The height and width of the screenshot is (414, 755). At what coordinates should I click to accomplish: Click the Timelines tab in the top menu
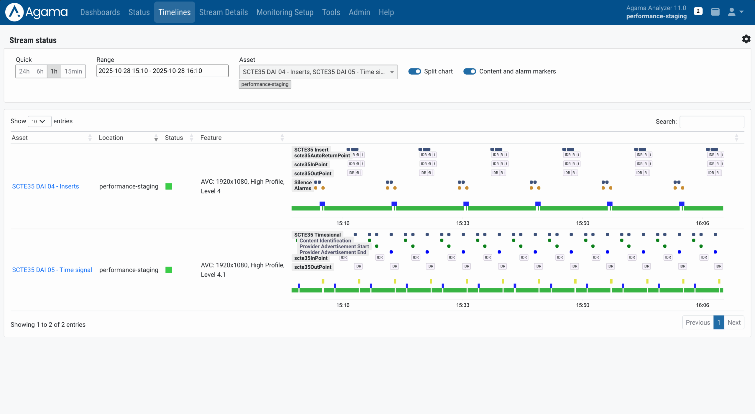174,12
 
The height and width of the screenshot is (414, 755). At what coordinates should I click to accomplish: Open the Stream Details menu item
223,12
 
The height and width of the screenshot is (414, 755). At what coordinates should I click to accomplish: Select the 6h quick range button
40,71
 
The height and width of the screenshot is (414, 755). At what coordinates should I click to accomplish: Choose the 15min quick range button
73,71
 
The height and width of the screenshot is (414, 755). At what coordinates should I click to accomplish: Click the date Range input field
162,71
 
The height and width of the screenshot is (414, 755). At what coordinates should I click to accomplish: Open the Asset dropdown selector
318,72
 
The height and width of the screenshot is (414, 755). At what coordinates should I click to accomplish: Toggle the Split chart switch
414,71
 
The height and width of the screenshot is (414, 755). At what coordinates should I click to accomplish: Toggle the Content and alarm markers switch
469,71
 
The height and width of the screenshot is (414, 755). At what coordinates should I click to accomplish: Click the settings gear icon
746,39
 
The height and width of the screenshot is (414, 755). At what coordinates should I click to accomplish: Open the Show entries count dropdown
39,121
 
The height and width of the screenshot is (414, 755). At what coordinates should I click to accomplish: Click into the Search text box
711,122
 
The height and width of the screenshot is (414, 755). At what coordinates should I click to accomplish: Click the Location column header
111,138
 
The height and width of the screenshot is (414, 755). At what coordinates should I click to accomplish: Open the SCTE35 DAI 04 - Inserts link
45,186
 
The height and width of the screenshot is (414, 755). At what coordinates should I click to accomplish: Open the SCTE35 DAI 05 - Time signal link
52,270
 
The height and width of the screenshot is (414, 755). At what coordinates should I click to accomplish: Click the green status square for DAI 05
169,270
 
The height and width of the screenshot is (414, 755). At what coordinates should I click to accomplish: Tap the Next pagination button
734,322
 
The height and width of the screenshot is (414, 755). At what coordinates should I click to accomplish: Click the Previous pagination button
697,322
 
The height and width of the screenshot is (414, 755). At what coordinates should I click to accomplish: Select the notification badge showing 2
698,11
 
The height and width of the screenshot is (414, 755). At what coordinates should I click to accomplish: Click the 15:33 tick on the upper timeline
462,223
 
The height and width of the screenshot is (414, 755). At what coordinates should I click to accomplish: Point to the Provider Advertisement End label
332,252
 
